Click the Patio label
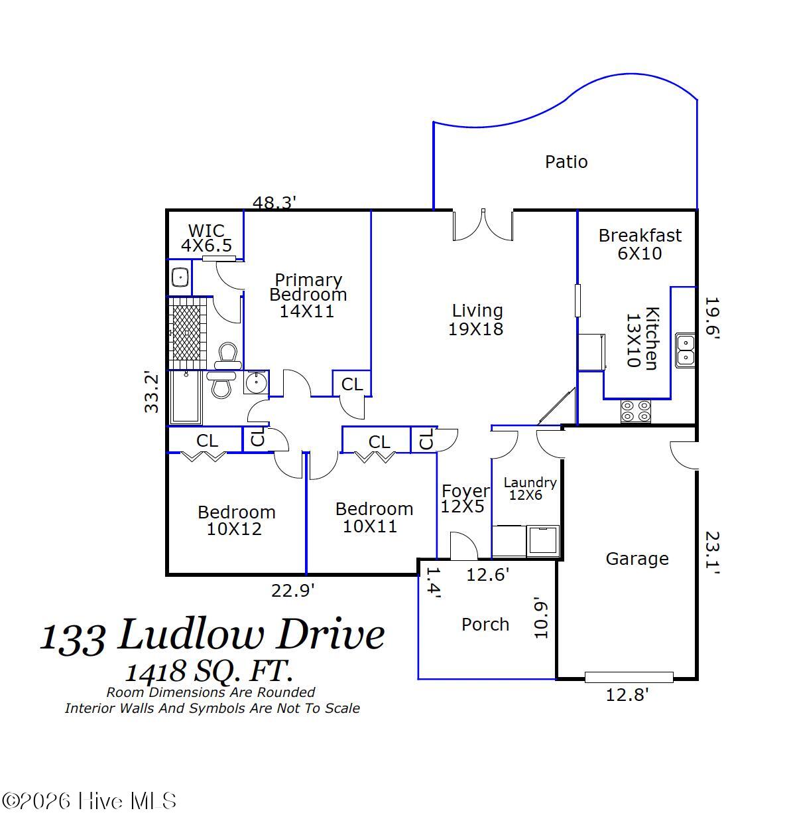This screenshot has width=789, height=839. point(566,162)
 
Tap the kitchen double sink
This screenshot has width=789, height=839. point(685,350)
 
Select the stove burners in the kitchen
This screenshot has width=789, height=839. point(635,411)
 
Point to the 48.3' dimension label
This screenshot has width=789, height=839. point(274,202)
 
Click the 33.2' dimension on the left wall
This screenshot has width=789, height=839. point(152,393)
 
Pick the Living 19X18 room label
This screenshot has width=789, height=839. point(477,320)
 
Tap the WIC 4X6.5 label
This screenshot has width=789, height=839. point(206,238)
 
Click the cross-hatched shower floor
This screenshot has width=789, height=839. point(186,333)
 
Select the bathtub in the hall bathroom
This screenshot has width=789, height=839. point(186,397)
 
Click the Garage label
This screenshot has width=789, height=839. point(637,559)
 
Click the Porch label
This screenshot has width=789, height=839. point(485,625)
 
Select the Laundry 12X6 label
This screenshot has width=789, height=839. point(530,489)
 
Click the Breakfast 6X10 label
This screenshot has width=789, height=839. point(640,244)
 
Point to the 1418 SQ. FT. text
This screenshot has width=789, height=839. point(210,671)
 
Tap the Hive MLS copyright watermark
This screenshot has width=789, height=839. point(89,801)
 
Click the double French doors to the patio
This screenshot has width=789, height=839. point(483,225)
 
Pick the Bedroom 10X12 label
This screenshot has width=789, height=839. point(236,520)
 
